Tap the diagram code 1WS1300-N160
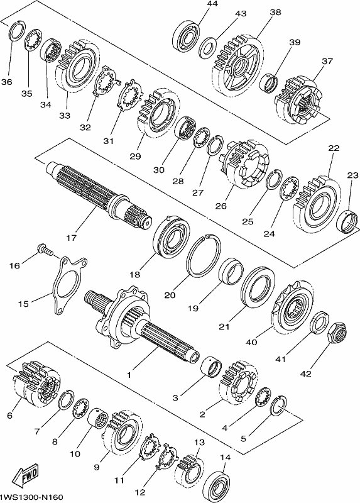pyautogui.click(x=31, y=497)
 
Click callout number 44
pyautogui.click(x=212, y=4)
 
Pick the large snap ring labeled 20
pyautogui.click(x=203, y=255)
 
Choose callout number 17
pyautogui.click(x=72, y=238)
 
